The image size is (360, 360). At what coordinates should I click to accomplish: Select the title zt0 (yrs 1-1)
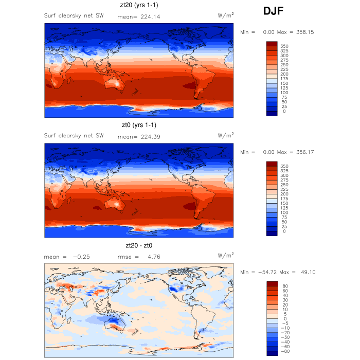139,125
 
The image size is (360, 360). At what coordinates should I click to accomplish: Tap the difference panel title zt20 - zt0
139,245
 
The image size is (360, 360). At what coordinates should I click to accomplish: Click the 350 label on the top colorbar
284,46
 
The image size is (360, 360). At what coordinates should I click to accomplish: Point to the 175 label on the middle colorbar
284,199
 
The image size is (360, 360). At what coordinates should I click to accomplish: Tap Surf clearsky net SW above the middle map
74,136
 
